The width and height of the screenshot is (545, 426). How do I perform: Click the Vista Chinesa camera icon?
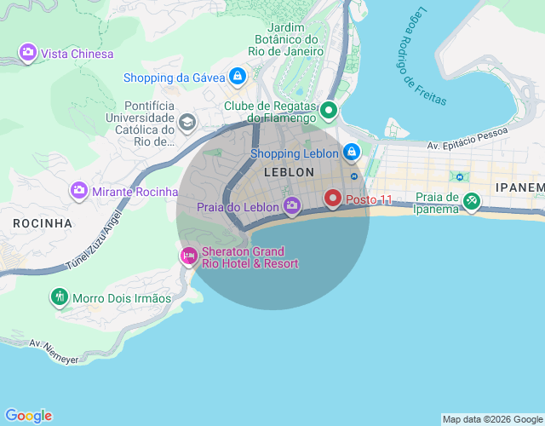(28, 54)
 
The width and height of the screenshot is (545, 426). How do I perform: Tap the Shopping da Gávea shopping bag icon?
(238, 78)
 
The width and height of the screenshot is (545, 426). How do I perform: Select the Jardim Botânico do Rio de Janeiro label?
(282, 39)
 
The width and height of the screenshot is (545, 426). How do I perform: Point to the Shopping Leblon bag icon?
(351, 153)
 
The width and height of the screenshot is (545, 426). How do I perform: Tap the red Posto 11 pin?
(333, 199)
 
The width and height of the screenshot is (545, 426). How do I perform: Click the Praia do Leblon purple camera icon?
(292, 206)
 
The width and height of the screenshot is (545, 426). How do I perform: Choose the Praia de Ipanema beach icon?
(471, 203)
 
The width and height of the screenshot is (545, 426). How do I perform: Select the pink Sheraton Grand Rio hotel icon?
(188, 256)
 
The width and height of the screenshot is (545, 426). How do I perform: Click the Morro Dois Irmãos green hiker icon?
(59, 297)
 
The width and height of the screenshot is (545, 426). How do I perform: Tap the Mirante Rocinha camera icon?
(78, 191)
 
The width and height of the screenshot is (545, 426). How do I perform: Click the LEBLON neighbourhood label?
(290, 172)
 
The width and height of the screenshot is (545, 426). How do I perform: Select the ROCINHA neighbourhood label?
(43, 223)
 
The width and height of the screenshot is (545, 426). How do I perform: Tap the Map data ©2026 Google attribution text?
(491, 419)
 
